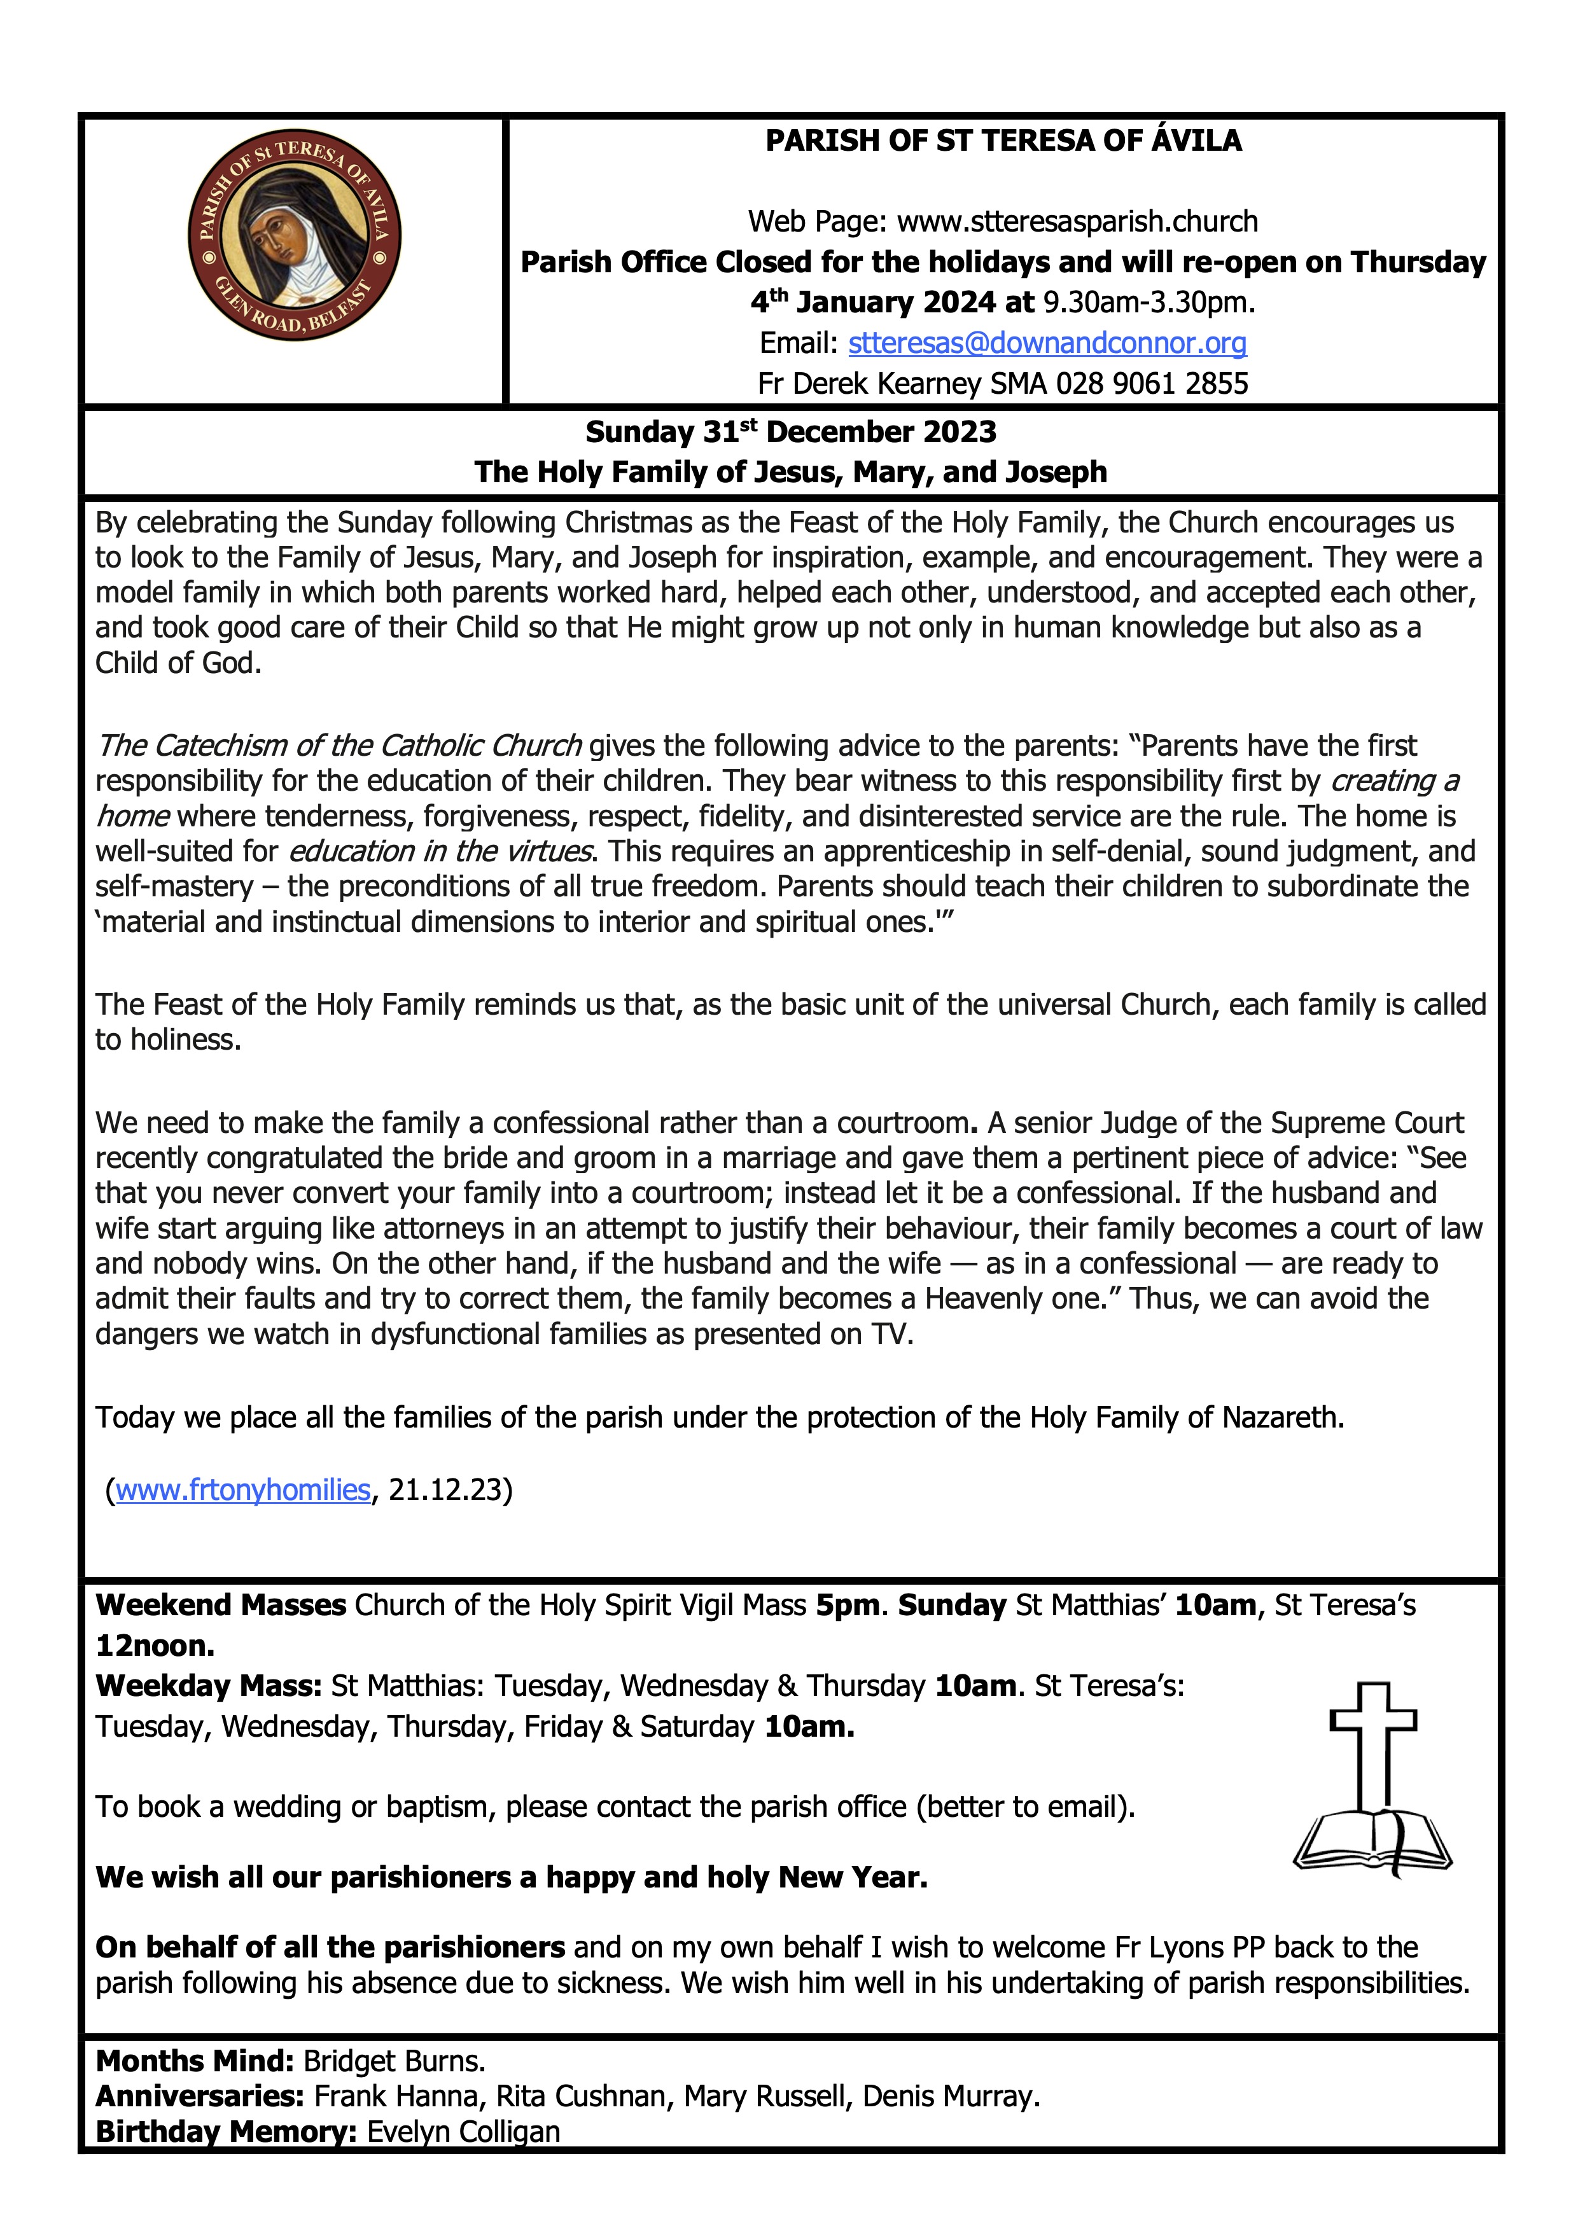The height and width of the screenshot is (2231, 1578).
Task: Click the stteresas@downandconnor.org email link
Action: [x=1047, y=343]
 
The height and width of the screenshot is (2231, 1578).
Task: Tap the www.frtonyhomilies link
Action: [x=243, y=1490]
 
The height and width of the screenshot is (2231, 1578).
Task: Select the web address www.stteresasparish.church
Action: [x=1077, y=221]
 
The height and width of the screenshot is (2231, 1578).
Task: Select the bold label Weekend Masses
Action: [x=221, y=1605]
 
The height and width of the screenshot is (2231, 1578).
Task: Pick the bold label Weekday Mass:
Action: [x=208, y=1686]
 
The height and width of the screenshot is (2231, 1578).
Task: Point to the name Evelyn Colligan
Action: [x=463, y=2131]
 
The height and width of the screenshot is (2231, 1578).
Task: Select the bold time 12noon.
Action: [x=155, y=1646]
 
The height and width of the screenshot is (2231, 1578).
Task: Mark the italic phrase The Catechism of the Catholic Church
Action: [x=339, y=746]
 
